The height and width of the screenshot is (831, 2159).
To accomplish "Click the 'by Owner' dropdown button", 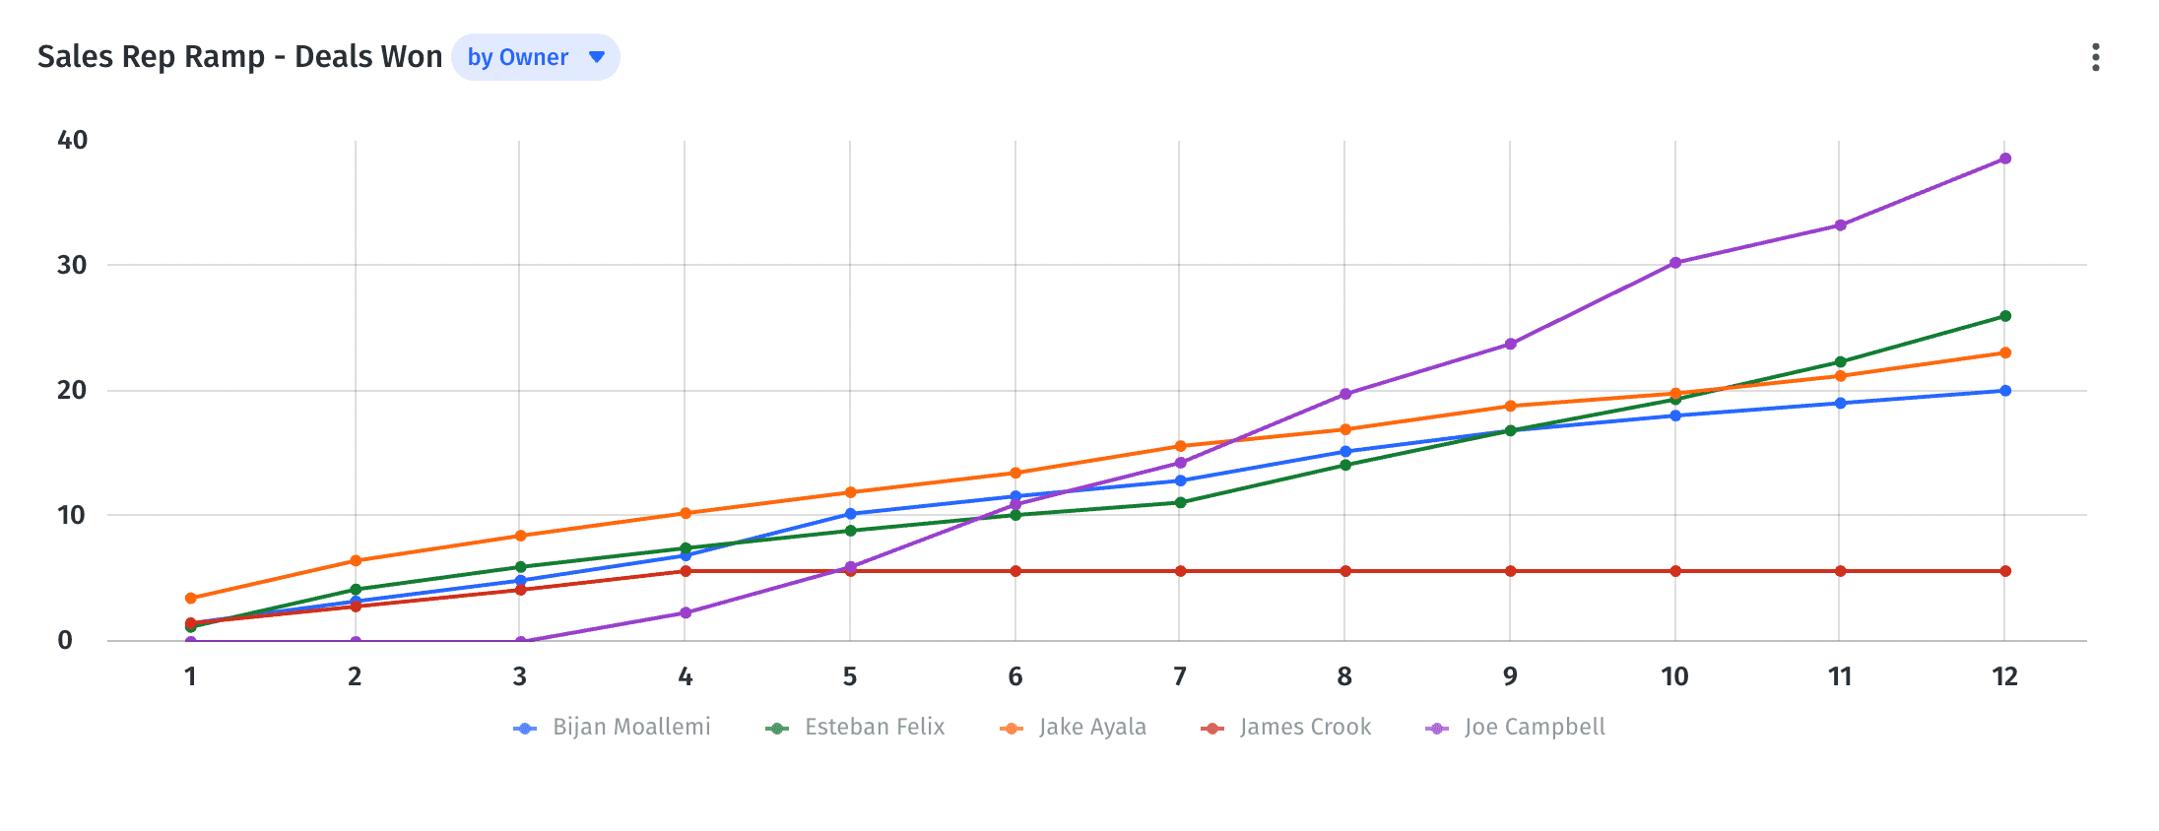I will pos(535,57).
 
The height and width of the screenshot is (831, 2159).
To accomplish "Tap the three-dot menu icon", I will pos(2095,57).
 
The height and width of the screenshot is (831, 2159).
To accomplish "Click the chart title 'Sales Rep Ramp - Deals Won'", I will pos(239,57).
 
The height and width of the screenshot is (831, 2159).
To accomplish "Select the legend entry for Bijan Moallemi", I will pos(613,728).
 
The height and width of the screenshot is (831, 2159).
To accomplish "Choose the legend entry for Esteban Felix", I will pos(855,728).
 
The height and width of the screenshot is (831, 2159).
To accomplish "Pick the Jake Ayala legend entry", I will pos(1074,728).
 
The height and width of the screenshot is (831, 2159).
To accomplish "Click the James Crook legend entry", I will pos(1286,728).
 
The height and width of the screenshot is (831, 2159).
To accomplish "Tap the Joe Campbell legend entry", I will pos(1516,728).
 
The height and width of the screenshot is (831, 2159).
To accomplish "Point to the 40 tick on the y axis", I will pos(72,141).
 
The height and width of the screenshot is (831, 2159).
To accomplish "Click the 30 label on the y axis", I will pos(72,266).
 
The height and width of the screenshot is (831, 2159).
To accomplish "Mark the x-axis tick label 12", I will pos(2004,677).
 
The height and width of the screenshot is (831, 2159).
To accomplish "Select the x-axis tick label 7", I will pos(1179,677).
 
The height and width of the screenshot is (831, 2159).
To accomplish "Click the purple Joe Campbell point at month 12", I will pos(2004,159).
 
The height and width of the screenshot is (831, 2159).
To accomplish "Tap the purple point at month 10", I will pos(1674,263).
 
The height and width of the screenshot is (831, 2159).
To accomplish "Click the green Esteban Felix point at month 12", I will pos(2004,316).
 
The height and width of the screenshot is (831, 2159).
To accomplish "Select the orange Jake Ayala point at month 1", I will pos(190,599).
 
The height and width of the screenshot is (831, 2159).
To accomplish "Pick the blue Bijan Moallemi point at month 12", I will pos(2004,391).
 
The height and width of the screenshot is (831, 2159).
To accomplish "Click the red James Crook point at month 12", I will pos(2004,571).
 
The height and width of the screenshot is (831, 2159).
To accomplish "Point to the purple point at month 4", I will pos(686,612).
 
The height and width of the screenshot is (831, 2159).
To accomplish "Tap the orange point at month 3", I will pos(520,536).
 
